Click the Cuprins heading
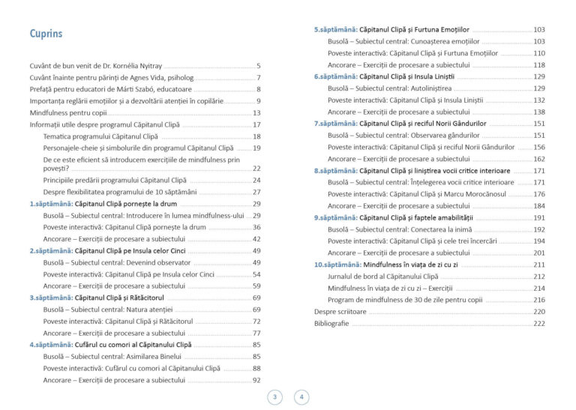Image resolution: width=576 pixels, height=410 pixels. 46,34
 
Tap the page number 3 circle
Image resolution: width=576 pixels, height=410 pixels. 274,397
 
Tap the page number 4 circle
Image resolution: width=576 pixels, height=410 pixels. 301,397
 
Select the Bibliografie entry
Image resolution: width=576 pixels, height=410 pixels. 331,324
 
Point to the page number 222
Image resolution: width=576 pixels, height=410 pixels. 539,324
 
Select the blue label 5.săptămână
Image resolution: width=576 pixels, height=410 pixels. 334,29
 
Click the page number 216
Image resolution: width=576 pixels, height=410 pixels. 539,300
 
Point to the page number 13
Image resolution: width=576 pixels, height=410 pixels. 256,112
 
